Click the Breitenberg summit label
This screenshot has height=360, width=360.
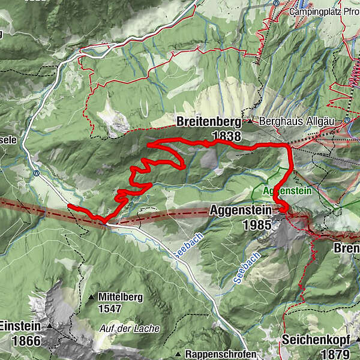tap(208, 122)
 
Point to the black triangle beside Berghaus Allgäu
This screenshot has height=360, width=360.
tap(251, 121)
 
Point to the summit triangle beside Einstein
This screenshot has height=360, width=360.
tap(50, 326)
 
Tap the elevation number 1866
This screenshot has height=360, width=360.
tap(25, 341)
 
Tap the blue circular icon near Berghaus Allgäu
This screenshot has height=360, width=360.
tap(347, 121)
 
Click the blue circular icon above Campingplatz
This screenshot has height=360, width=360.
tap(275, 2)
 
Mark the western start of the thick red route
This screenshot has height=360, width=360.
tap(70, 206)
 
